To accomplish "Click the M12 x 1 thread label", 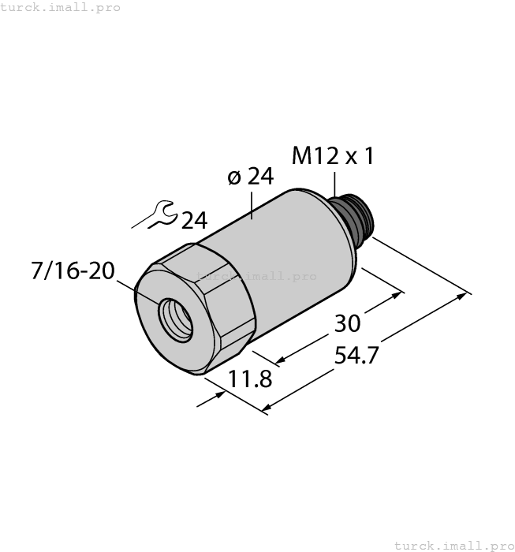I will point(332,156).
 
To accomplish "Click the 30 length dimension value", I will point(348,323).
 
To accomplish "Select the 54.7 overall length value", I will point(356,356).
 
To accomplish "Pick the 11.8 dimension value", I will point(250,380).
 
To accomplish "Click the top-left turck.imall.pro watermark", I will point(61,7).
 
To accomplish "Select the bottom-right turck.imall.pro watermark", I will point(453,545).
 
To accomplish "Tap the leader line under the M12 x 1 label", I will point(334,183).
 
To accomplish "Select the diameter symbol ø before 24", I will point(234,177).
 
